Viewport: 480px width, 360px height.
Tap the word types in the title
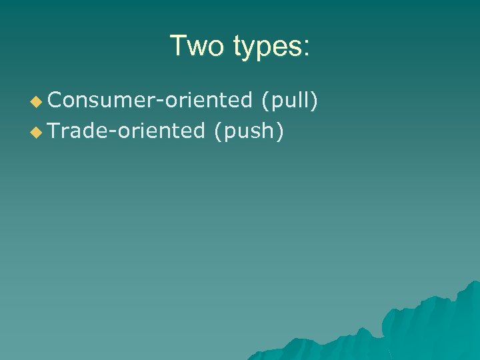(x=266, y=48)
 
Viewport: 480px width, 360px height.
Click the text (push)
(x=248, y=132)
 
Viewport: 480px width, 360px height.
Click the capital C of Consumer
(x=55, y=101)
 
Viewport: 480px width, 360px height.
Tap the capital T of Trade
(x=54, y=131)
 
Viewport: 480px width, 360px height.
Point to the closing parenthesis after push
(x=280, y=132)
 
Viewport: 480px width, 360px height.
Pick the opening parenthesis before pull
(x=265, y=101)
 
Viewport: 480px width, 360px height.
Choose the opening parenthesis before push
(x=217, y=132)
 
